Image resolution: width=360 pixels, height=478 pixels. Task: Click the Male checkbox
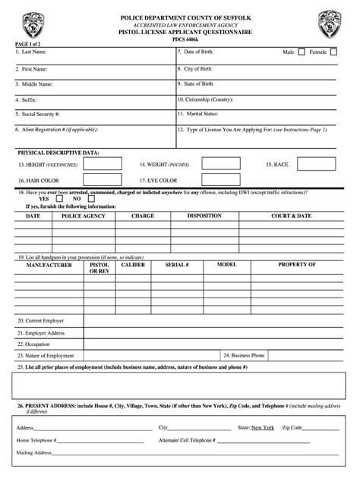tap(302, 52)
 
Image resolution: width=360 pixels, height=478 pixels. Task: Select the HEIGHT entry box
tap(102, 164)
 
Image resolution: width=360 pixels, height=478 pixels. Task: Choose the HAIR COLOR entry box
tap(102, 181)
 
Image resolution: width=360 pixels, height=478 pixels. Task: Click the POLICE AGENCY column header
tap(84, 216)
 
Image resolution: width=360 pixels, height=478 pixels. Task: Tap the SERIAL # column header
tap(177, 266)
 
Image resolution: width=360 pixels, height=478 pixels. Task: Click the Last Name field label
tap(34, 52)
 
